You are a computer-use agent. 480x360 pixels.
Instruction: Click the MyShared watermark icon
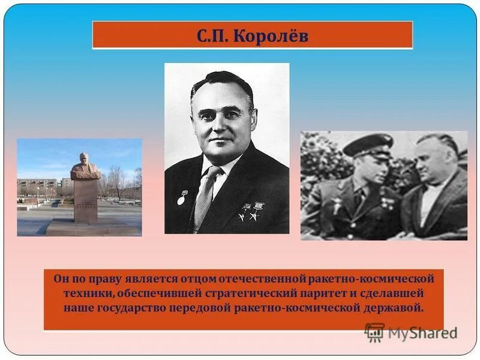[x=374, y=332]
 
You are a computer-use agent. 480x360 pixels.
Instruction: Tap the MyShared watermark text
[x=422, y=333]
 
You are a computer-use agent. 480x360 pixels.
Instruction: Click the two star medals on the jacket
[x=251, y=211]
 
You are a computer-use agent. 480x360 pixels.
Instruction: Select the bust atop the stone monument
[x=85, y=167]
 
